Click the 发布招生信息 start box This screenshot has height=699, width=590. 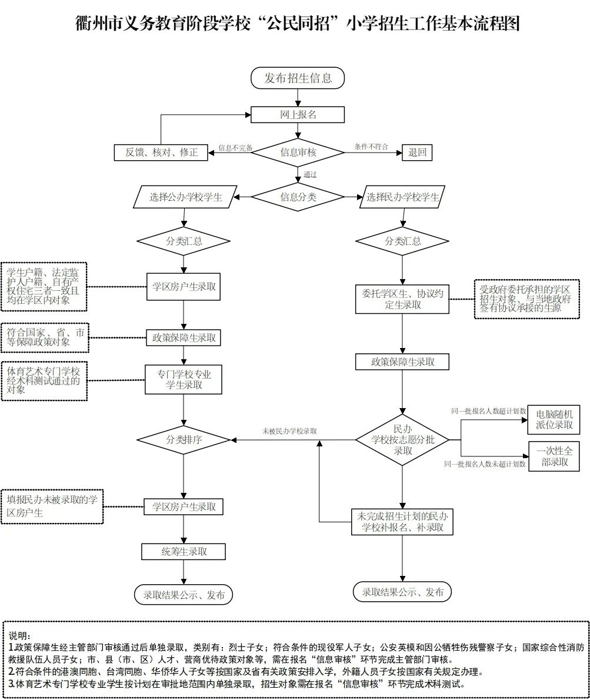[298, 78]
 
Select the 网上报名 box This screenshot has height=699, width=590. [298, 115]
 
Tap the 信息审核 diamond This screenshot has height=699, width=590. [298, 153]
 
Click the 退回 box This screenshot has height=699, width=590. [417, 153]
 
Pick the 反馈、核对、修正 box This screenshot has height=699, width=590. [161, 153]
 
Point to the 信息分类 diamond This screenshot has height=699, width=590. [298, 197]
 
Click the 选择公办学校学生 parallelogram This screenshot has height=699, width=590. [185, 197]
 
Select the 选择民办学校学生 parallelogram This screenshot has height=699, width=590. [402, 197]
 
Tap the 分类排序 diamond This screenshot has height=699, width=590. [184, 440]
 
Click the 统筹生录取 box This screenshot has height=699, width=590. [184, 551]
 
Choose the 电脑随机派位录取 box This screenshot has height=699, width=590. [554, 419]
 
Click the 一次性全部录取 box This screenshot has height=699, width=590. [554, 456]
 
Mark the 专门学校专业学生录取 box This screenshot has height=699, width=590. [184, 380]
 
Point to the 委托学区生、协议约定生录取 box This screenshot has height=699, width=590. [402, 299]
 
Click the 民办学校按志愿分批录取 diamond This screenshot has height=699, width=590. [402, 440]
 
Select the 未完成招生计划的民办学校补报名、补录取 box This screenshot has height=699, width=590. [402, 522]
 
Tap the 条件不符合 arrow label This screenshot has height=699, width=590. [371, 147]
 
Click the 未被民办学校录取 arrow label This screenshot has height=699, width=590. [289, 432]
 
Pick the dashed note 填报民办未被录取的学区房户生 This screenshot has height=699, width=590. [52, 506]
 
